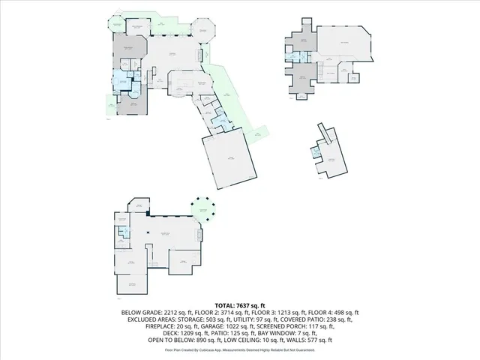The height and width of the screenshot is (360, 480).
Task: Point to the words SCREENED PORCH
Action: point(292,326)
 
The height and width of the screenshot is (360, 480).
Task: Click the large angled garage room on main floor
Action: point(232,160)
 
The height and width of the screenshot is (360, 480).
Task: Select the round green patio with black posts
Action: point(202,210)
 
